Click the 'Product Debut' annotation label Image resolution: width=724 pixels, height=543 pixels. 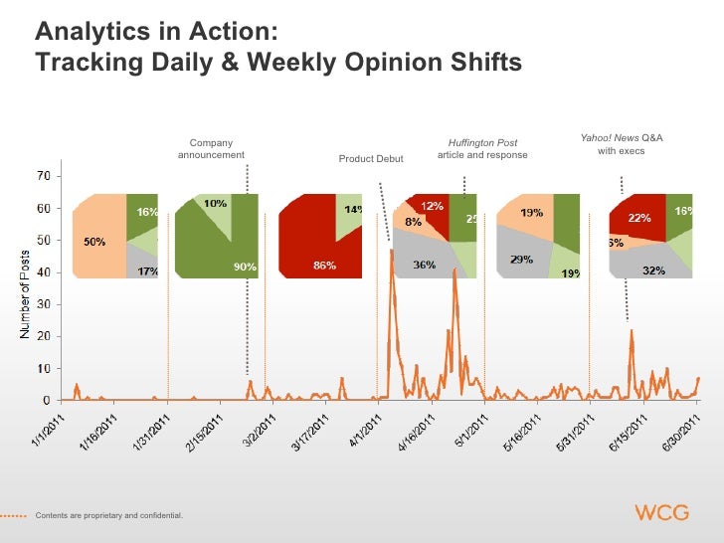pos(371,159)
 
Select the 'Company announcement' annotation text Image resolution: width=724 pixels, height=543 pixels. pos(211,149)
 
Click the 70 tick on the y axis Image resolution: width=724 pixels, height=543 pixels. pos(44,176)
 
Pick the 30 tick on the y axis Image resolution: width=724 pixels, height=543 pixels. pos(44,304)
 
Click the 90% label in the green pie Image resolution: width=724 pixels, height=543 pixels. pos(245,266)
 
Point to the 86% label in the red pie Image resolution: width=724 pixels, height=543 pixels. pos(324,266)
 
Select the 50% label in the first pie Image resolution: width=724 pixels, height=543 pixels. pos(94,243)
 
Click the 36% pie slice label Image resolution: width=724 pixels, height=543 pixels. pos(424,264)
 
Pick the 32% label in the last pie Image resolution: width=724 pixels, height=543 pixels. pos(653,269)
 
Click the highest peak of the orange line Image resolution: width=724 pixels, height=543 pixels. pos(393,251)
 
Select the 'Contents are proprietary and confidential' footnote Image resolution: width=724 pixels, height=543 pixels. pos(109,514)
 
